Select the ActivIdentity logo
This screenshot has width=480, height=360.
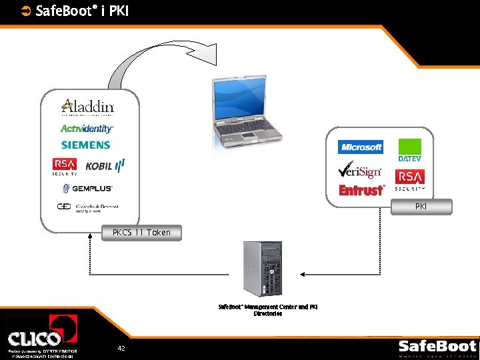(87, 129)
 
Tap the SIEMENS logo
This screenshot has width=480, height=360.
(85, 145)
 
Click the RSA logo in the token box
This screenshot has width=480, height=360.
(65, 166)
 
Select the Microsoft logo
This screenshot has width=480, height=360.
(361, 147)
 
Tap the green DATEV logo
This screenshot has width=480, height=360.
(409, 150)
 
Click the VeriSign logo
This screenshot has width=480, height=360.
(359, 169)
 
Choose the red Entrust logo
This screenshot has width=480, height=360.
(362, 191)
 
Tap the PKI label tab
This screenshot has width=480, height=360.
(421, 207)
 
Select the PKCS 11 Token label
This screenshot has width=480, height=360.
(141, 233)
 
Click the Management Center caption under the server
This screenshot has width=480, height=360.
(268, 310)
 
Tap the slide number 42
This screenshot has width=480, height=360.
(121, 348)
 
